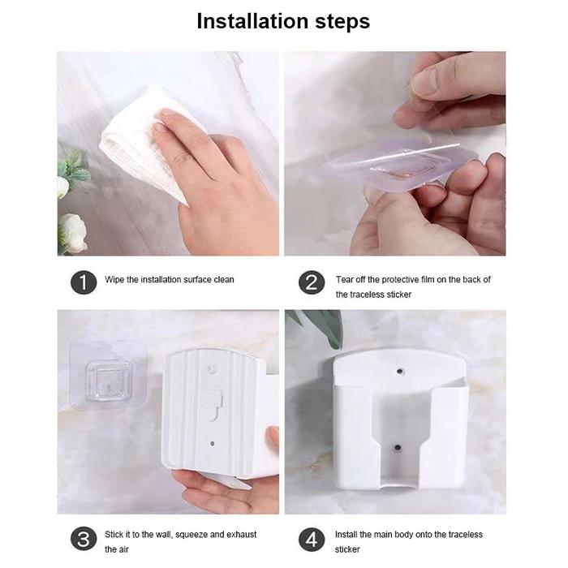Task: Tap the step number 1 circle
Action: (x=84, y=282)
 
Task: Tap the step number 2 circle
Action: (x=312, y=282)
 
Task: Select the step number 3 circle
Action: (x=84, y=540)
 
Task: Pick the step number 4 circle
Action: (x=312, y=540)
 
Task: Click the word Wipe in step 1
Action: (x=114, y=280)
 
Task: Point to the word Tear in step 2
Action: (x=344, y=280)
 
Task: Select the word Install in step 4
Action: (x=346, y=534)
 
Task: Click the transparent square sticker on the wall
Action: (x=108, y=376)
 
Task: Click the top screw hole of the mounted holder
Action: (x=399, y=372)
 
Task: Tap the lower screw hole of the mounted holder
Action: (x=398, y=447)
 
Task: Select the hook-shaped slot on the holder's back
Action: (x=213, y=405)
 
